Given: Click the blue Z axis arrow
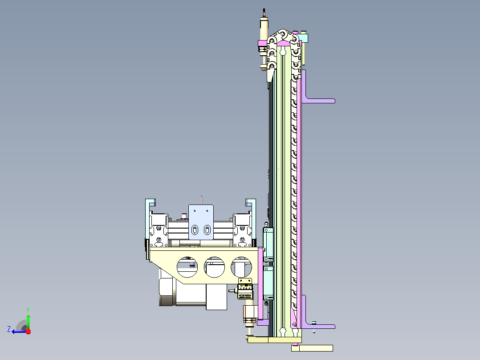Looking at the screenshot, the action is pyautogui.click(x=19, y=331).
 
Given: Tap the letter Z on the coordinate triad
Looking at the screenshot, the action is pyautogui.click(x=9, y=329).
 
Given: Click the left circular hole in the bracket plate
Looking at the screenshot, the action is pyautogui.click(x=187, y=267).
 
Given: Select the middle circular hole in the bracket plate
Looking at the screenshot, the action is pyautogui.click(x=214, y=267).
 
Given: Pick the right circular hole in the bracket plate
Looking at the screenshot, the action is pyautogui.click(x=241, y=267).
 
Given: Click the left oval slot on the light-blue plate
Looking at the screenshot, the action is pyautogui.click(x=195, y=229).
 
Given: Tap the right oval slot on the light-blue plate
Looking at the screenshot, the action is pyautogui.click(x=207, y=229).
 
